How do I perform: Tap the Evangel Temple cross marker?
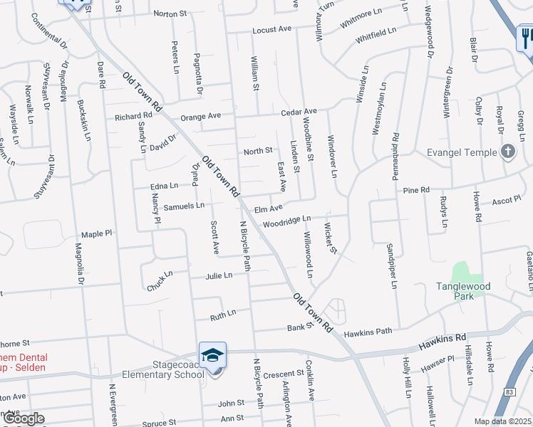(x=508, y=151)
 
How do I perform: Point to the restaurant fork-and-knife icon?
(x=526, y=37)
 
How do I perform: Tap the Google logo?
(x=24, y=418)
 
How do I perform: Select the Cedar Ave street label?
(x=299, y=112)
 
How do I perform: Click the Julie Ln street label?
(x=219, y=275)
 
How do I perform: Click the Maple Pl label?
(x=97, y=233)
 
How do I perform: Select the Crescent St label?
(x=284, y=374)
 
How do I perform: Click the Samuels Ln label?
(x=185, y=205)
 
